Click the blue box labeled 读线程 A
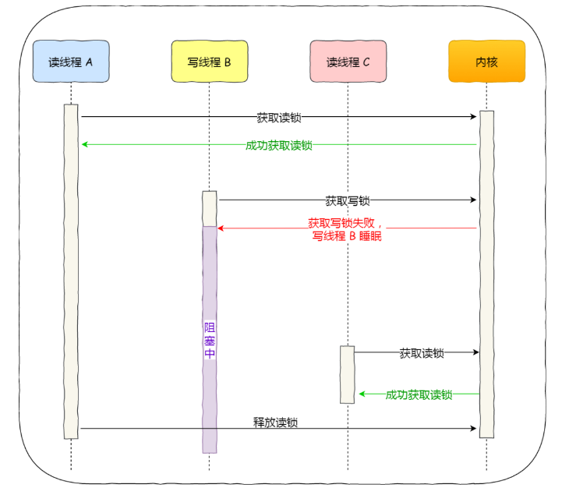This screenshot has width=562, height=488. pyautogui.click(x=71, y=62)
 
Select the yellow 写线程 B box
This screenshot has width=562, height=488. pyautogui.click(x=209, y=62)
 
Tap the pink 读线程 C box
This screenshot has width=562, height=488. pyautogui.click(x=348, y=62)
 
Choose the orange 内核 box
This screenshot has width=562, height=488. pyautogui.click(x=486, y=62)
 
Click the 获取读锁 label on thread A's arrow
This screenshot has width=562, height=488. pyautogui.click(x=278, y=118)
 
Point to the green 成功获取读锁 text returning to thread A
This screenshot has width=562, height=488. pyautogui.click(x=278, y=145)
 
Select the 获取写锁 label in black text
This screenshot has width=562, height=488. pyautogui.click(x=348, y=200)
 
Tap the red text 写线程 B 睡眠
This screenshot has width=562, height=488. pyautogui.click(x=347, y=235)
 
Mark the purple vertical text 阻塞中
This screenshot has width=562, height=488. pyautogui.click(x=209, y=340)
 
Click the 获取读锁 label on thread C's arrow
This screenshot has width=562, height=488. pyautogui.click(x=421, y=353)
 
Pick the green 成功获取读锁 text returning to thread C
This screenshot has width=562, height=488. pyautogui.click(x=419, y=394)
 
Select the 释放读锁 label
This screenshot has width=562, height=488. pyautogui.click(x=275, y=423)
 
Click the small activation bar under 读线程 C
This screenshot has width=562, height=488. pyautogui.click(x=348, y=374)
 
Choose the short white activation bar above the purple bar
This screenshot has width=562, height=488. pyautogui.click(x=209, y=208)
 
